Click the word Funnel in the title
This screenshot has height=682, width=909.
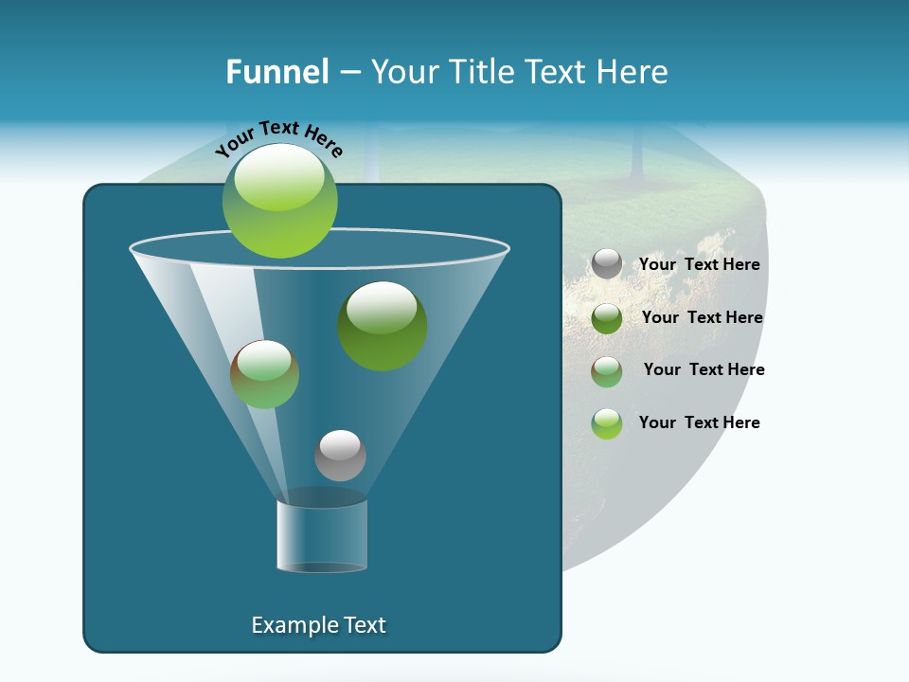click(276, 72)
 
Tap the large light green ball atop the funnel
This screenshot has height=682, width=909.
click(280, 200)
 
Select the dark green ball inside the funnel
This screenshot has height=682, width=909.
click(383, 326)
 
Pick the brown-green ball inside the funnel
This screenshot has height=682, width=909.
click(265, 374)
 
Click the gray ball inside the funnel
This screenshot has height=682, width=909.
click(340, 455)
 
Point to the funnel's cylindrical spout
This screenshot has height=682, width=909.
click(322, 535)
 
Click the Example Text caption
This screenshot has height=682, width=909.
click(318, 625)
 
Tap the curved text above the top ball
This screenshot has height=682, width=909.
click(279, 139)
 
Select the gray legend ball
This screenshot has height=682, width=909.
click(607, 264)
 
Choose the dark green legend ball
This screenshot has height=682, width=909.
click(607, 318)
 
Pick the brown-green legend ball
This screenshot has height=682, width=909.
click(607, 371)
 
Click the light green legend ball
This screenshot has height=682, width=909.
click(607, 423)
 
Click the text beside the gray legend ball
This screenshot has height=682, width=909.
click(699, 265)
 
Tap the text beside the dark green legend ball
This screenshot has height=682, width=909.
click(702, 318)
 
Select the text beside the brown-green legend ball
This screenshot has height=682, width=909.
click(704, 370)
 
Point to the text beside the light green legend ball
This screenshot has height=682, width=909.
click(699, 423)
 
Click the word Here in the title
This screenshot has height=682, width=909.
click(636, 72)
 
